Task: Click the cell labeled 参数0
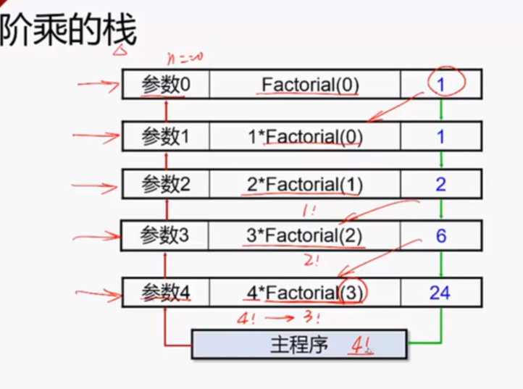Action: point(166,85)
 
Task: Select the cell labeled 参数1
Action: point(166,135)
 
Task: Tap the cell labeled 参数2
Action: point(166,184)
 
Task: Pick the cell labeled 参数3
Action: point(166,235)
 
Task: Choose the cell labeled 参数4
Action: point(166,293)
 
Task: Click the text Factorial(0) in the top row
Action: point(310,85)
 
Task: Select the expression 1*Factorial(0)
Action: point(304,135)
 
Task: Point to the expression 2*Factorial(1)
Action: point(304,184)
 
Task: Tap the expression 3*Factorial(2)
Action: point(304,235)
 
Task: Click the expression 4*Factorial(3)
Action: point(304,293)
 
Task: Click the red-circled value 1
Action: point(440,85)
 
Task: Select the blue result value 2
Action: point(440,184)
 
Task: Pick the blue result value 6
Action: point(440,235)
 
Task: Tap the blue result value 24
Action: point(439,293)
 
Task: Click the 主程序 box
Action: point(298,343)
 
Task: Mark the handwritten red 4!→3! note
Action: point(279,317)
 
